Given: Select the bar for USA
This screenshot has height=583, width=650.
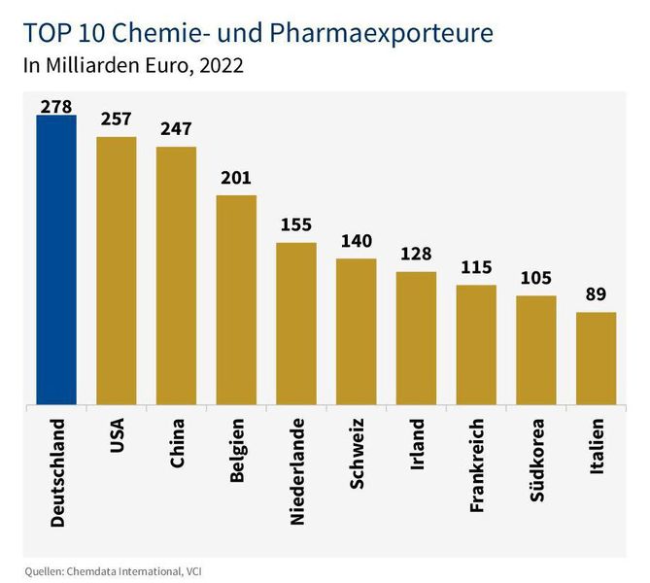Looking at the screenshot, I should point(116,271).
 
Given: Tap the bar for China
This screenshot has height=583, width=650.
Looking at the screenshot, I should point(176,276).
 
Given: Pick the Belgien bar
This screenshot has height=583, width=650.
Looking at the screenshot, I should point(236,299).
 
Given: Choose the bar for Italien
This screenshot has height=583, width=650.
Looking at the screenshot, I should point(596,358).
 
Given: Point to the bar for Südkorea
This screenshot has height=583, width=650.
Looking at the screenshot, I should point(535,350).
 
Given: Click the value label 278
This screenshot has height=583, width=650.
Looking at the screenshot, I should point(56,106).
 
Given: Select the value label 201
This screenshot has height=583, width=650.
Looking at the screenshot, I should point(236,178).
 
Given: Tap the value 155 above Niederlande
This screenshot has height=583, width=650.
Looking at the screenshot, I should point(296,224).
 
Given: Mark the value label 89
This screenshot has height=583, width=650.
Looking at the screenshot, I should point(596,294).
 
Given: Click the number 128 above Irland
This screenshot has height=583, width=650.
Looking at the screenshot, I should point(416,254).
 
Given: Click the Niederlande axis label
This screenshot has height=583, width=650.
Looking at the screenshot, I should point(297,471).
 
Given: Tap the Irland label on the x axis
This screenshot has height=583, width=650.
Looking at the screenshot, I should point(417,443).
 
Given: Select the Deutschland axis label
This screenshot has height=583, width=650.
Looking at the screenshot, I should point(57,473).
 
